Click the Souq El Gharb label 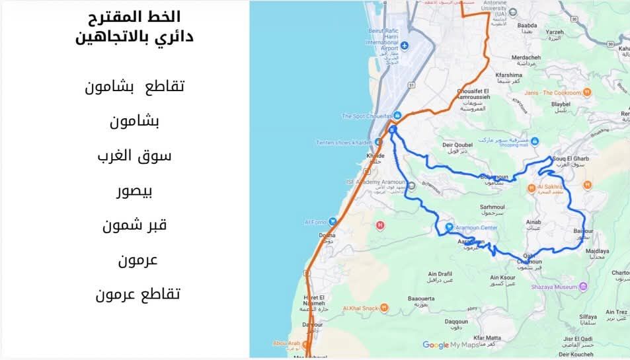tap(571, 159)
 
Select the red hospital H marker tap(379, 225)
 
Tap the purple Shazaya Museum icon tap(583, 287)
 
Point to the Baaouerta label tap(422, 299)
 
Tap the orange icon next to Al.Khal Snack tap(385, 308)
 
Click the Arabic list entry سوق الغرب tap(134, 157)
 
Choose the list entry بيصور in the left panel tap(135, 192)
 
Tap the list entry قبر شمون tap(134, 225)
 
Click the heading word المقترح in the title tap(114, 17)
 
